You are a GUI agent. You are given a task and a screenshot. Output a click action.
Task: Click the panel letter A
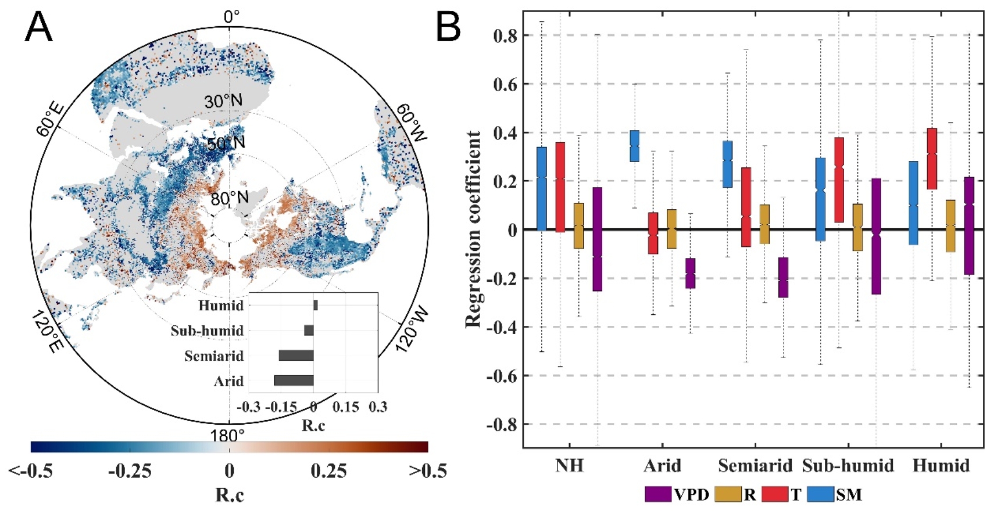point(38,27)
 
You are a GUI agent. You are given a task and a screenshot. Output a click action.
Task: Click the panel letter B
point(448,27)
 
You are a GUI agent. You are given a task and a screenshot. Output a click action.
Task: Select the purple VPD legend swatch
point(658,494)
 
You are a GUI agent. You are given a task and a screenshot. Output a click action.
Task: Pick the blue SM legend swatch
point(820,494)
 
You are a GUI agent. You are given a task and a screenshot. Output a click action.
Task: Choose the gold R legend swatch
point(728,494)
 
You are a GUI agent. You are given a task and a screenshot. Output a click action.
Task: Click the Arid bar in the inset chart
point(294,381)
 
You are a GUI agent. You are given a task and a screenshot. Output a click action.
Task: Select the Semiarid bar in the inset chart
point(296,356)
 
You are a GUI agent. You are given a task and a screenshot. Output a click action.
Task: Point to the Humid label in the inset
point(221,306)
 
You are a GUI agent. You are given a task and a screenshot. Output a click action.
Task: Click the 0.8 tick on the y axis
point(505,36)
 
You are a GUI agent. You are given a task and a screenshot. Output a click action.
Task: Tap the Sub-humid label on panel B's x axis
point(848,466)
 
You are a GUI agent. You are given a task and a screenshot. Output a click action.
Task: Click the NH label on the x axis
point(569,466)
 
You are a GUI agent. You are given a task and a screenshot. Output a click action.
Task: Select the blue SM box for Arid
point(634,146)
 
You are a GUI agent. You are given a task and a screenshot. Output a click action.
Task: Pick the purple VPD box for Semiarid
point(783,277)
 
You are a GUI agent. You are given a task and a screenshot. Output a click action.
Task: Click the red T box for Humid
point(932,159)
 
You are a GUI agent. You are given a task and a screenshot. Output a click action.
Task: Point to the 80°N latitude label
point(229,199)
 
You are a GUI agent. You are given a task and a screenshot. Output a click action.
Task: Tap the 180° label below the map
point(227,436)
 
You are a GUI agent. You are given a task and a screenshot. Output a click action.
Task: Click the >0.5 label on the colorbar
point(427,471)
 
